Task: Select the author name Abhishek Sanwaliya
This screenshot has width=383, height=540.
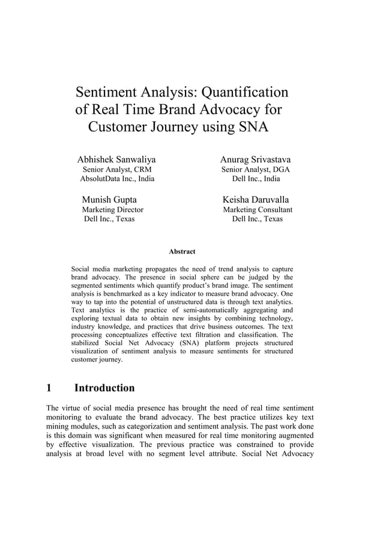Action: [116, 160]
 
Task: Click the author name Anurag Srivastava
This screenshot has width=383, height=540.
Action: [255, 160]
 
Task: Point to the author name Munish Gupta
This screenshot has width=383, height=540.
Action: [109, 199]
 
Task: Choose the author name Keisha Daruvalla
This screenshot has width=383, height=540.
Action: [256, 199]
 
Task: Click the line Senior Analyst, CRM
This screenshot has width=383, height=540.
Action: [116, 170]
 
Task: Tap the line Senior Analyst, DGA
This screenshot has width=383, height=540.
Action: [256, 170]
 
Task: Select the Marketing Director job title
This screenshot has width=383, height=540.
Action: [113, 210]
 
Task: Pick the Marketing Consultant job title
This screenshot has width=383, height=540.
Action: [258, 210]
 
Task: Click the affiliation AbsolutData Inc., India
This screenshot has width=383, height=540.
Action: [116, 179]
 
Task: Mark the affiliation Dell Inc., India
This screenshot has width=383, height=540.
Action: [256, 179]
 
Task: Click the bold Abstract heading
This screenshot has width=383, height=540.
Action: [182, 252]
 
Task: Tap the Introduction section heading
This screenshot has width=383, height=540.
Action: [104, 388]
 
